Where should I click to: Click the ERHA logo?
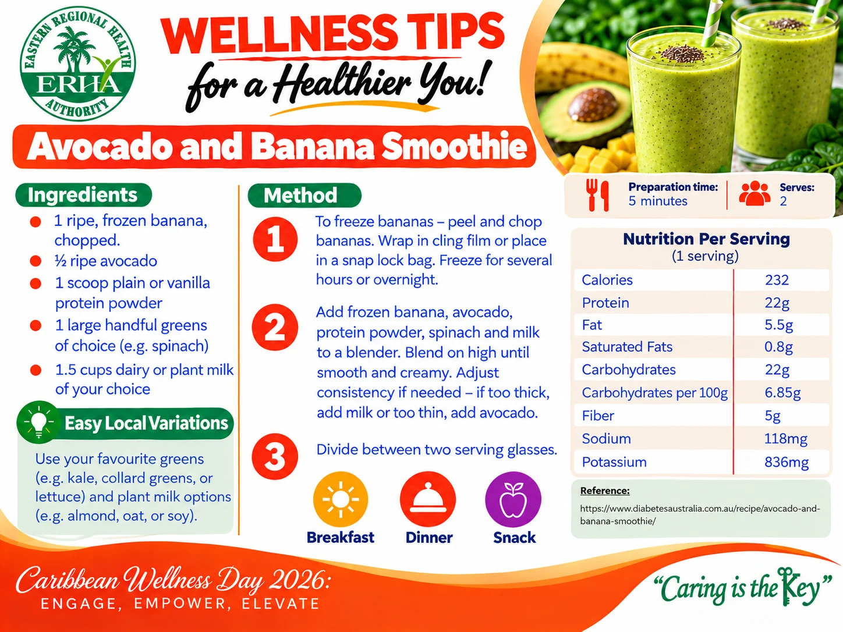pyautogui.click(x=78, y=63)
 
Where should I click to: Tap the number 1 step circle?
pyautogui.click(x=275, y=239)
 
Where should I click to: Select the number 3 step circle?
pyautogui.click(x=275, y=456)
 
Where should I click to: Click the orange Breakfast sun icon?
pyautogui.click(x=341, y=499)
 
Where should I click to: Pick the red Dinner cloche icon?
pyautogui.click(x=428, y=499)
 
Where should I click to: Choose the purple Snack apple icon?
pyautogui.click(x=513, y=499)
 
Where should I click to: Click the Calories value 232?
pyautogui.click(x=777, y=280)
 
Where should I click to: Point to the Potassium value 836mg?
pyautogui.click(x=787, y=462)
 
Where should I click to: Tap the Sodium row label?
pyautogui.click(x=606, y=439)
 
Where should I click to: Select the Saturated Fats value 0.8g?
pyautogui.click(x=778, y=347)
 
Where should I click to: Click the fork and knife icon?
pyautogui.click(x=597, y=195)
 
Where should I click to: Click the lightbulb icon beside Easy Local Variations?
pyautogui.click(x=38, y=422)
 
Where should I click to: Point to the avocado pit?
pyautogui.click(x=593, y=104)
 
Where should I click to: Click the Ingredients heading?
pyautogui.click(x=83, y=195)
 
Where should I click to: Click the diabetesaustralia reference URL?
pyautogui.click(x=700, y=514)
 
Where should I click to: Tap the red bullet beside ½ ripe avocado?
pyautogui.click(x=36, y=261)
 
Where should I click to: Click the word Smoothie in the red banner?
pyautogui.click(x=454, y=147)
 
